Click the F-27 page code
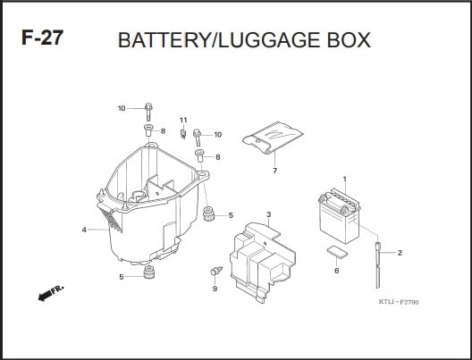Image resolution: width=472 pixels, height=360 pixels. coord(42,38)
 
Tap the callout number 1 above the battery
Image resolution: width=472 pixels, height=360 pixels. coord(345,180)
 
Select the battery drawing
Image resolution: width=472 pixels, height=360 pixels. coord(340,215)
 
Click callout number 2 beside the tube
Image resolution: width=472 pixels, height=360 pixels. coord(400,253)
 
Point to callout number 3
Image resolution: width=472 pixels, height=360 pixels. coord(268,214)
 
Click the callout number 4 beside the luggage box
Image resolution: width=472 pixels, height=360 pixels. coord(84,230)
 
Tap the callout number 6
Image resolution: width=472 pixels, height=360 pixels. coord(336,271)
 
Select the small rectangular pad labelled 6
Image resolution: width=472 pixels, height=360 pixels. coord(337,252)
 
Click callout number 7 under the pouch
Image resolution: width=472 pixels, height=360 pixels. coord(274,171)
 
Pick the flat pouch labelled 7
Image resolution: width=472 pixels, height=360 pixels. coord(273,138)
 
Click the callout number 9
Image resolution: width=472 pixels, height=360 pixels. coord(215,289)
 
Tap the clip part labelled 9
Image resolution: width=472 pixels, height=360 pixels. coord(215,271)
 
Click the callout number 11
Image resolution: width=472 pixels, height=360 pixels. coord(183,120)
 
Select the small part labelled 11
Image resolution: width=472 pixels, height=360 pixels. coord(182,133)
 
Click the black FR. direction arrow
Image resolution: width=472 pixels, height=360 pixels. coord(45,296)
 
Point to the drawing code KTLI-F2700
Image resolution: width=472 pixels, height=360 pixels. coord(399,302)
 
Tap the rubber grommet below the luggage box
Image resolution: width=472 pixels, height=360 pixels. coord(149,272)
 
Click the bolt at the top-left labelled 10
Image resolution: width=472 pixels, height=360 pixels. coord(148,112)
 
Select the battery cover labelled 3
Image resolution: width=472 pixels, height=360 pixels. coord(263,263)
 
